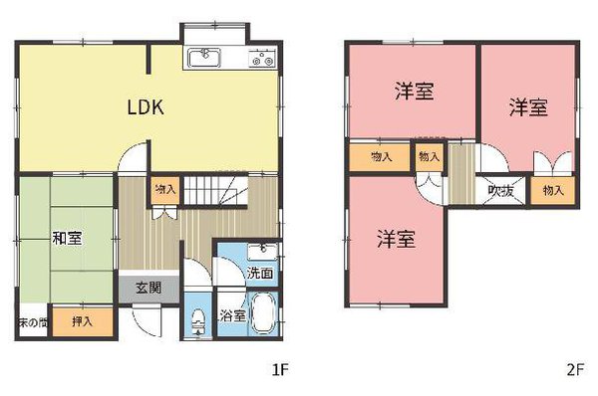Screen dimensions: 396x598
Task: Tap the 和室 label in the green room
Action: click(x=67, y=238)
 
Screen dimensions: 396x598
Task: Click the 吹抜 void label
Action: click(x=500, y=191)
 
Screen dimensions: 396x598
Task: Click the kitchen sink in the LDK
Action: click(x=205, y=57)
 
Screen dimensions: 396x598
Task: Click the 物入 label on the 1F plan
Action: click(x=164, y=188)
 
